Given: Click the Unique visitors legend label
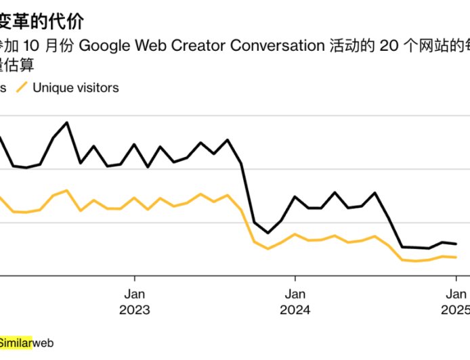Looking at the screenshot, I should pos(76,87).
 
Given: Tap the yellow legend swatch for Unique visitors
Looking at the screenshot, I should pos(22,87).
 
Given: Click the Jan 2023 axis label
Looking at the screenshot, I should pos(134,302).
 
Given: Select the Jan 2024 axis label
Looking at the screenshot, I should pos(295,302).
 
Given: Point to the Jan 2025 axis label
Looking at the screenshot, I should pos(455,302).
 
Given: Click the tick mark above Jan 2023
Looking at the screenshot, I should pos(134,279).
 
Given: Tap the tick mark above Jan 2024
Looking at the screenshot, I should pos(295,279).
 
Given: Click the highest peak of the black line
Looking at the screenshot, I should pos(66,122).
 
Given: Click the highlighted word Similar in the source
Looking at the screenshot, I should pos(16,342).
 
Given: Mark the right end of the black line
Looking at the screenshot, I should pos(456,244).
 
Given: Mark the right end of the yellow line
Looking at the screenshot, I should pos(456,257).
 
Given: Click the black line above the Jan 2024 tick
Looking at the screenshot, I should pos(295,197).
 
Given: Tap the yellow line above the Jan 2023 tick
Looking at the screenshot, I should pos(134,198).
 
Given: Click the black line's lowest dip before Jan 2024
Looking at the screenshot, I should pos(268,233).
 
